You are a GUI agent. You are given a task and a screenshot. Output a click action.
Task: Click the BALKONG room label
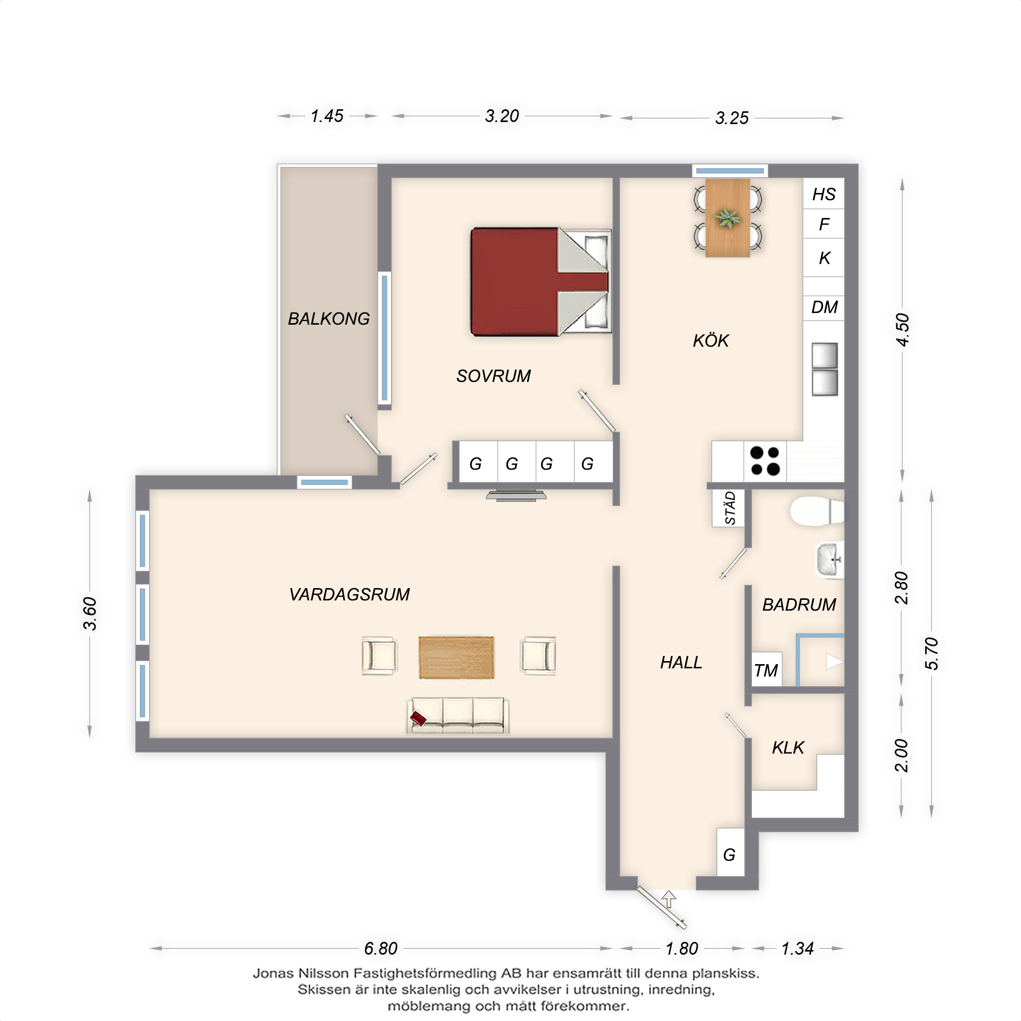pos(329,319)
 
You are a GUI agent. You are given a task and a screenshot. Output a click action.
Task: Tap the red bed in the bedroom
pos(541,282)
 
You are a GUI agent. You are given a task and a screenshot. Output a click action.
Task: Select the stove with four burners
pos(765,461)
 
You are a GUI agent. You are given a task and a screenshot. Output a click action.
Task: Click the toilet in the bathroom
pos(817,511)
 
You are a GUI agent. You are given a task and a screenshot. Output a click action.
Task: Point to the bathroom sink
pos(830,559)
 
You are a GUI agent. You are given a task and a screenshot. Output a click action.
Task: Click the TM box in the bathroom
pos(766,670)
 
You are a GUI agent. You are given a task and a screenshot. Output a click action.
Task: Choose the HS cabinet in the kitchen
pos(823,194)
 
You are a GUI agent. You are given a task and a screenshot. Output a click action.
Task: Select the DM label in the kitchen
pos(824,307)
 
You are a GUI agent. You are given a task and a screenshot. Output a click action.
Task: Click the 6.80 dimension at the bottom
pos(380,949)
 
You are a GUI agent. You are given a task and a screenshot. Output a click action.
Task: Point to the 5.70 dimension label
pos(932,653)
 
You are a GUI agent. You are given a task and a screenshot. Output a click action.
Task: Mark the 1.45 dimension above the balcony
pos(327,116)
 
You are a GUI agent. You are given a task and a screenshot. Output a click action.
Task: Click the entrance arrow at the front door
pos(669,898)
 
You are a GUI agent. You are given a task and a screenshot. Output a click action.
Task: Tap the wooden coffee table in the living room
pos(456,658)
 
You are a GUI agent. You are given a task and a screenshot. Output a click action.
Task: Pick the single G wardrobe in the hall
pos(730,855)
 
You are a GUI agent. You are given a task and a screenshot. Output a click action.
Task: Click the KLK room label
pos(788,748)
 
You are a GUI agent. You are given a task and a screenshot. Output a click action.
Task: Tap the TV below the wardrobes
pos(516,496)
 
